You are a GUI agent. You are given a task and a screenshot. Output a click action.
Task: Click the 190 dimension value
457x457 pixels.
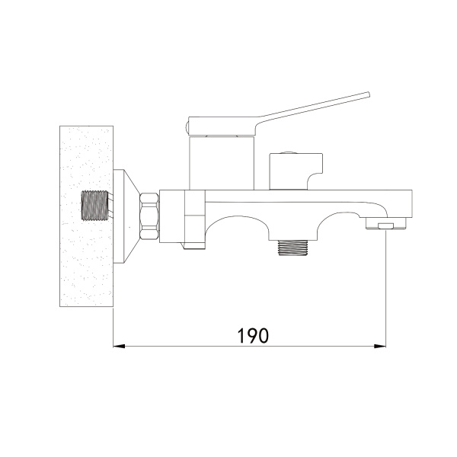253,335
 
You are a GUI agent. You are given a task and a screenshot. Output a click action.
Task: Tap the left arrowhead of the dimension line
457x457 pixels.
119,347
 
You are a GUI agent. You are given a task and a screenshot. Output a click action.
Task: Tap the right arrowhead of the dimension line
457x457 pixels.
380,347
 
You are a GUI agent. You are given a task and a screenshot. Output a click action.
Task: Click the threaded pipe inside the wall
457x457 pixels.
94,206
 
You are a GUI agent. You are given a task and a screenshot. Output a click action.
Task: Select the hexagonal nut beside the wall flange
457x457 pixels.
150,216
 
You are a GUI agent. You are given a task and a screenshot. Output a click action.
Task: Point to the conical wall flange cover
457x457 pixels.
126,216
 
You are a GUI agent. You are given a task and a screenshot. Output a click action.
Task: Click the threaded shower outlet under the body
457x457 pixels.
292,248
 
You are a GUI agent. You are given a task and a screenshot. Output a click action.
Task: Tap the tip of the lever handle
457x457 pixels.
368,94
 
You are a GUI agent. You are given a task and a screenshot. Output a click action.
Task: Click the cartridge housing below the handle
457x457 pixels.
222,163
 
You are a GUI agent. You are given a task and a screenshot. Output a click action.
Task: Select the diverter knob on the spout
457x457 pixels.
296,171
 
